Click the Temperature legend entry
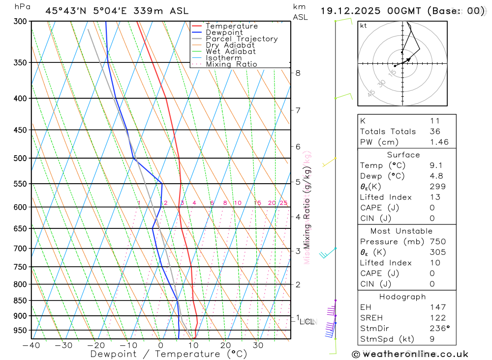coord(231,26)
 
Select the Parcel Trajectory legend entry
coord(242,39)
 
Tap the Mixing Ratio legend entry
coord(231,64)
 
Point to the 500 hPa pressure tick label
coord(20,158)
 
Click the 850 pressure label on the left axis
coord(20,301)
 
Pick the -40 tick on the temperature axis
coord(31,345)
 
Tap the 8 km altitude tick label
coord(298,73)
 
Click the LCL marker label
coord(307,322)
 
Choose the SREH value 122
coord(437,318)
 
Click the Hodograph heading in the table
coord(403,297)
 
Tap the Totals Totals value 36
coord(435,131)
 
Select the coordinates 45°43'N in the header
coord(66,11)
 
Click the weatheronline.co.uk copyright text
coord(410,354)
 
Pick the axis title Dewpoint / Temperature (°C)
coord(169,354)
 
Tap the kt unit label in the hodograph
coord(363,26)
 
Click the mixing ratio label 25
coord(283,203)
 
